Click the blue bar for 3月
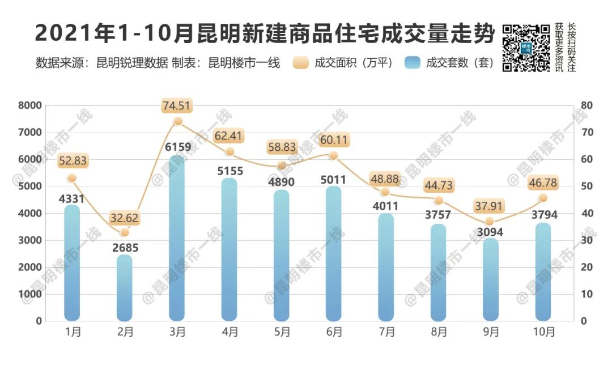tap(177, 238)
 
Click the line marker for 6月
tap(333, 155)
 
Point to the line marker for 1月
tap(71, 178)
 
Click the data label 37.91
tap(490, 205)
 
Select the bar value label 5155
tap(229, 171)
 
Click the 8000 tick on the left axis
tap(31, 105)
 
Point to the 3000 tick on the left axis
tap(31, 240)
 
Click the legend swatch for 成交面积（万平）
tap(300, 63)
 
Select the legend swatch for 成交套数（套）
tap(413, 63)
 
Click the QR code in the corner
tap(526, 48)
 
